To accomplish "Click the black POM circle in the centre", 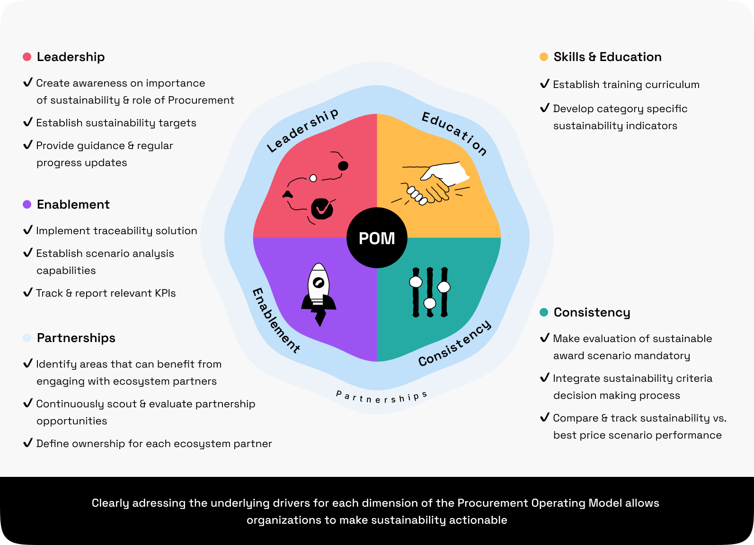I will (x=377, y=238).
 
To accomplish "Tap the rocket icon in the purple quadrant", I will (x=319, y=294).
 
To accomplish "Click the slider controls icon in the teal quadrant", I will (x=430, y=292).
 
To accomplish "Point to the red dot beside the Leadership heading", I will (x=27, y=57).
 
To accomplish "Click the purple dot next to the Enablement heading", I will (x=27, y=204).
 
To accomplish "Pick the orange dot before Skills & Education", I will (x=544, y=57).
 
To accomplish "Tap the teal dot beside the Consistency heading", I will (x=544, y=312).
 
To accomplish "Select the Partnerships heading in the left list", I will (x=76, y=338).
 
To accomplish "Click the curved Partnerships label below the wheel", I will (x=381, y=397).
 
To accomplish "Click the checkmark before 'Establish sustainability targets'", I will (x=28, y=122).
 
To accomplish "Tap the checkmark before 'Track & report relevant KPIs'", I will (x=28, y=292).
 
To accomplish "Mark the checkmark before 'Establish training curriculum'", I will (x=545, y=84).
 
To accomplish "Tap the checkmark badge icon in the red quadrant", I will (x=322, y=208).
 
